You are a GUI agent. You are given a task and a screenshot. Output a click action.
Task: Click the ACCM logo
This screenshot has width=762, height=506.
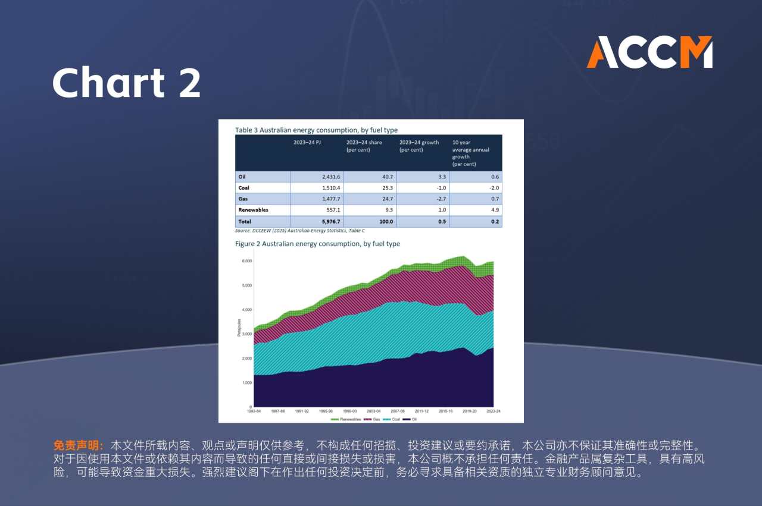click(x=649, y=52)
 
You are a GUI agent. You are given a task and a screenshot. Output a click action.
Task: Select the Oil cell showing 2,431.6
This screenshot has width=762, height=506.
click(x=328, y=177)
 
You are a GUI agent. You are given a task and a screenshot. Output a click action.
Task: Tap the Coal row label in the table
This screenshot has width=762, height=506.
click(x=243, y=188)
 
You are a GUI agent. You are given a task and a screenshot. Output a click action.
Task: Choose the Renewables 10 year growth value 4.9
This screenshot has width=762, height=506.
click(x=495, y=210)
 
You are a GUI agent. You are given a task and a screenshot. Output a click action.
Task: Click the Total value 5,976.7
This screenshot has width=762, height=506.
click(x=328, y=222)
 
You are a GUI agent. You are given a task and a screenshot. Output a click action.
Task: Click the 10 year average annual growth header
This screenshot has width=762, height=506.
click(x=471, y=153)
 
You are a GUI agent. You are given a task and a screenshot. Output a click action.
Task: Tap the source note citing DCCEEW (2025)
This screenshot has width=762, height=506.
click(x=300, y=231)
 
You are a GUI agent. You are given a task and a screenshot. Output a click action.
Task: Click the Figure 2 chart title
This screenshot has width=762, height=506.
click(x=317, y=244)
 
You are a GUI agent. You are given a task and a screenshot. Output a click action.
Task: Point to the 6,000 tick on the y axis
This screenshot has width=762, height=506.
click(x=246, y=261)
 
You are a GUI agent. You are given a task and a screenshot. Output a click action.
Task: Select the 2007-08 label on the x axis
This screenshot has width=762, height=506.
click(x=398, y=411)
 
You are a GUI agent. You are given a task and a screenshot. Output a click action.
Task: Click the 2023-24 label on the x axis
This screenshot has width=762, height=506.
click(x=494, y=411)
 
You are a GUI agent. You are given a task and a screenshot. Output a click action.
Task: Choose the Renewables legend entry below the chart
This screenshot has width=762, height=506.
click(x=346, y=419)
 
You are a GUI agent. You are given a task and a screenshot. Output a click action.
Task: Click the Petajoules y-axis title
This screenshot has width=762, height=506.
click(x=239, y=328)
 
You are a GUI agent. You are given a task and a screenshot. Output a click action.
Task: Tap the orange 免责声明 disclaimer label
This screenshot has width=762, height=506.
click(x=79, y=445)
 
